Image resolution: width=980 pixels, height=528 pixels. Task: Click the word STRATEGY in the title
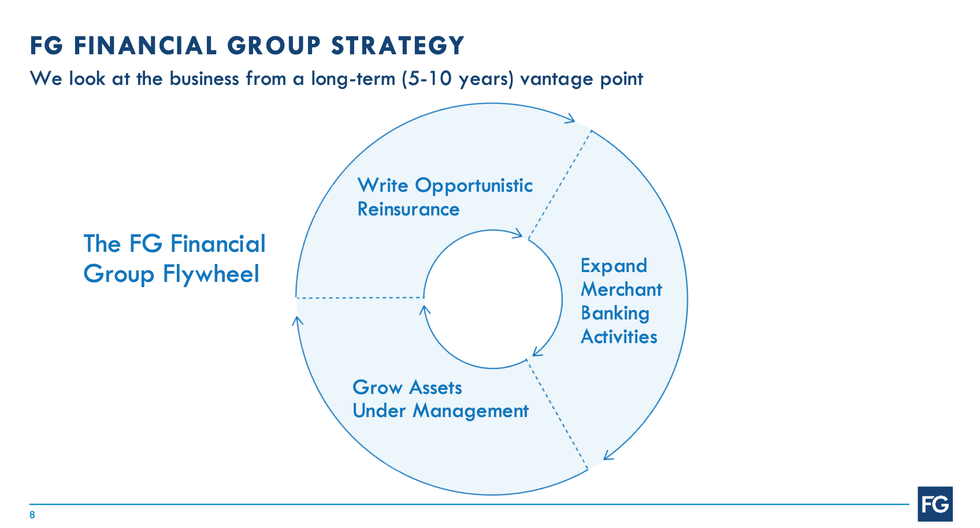point(398,46)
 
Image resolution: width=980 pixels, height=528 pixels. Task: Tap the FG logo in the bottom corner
point(935,504)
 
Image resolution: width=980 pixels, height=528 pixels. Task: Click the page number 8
point(32,515)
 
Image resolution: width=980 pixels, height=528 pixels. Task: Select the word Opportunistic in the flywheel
point(474,186)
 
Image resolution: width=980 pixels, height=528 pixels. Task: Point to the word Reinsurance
point(408,209)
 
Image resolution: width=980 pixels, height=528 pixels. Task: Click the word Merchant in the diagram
point(621,289)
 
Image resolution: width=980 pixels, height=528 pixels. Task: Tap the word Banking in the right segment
point(615,313)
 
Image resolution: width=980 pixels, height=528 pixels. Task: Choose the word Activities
point(619,337)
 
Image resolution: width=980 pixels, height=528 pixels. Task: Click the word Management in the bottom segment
point(470,411)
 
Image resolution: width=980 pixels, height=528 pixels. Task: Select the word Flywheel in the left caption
point(211,274)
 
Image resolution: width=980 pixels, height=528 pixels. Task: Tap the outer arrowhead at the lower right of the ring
point(608,455)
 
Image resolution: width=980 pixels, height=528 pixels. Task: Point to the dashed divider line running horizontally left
point(359,298)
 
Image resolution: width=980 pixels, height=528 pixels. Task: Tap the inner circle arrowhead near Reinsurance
point(517,234)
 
